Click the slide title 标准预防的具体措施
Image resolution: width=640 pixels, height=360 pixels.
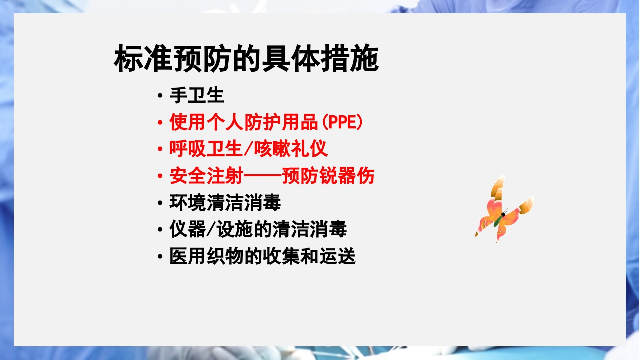point(246,60)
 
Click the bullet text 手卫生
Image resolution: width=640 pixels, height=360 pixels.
point(197,95)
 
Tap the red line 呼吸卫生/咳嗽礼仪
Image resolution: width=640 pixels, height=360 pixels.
point(248,149)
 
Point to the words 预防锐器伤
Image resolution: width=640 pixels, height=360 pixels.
point(328,176)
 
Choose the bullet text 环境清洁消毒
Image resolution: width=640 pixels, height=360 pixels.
point(225,203)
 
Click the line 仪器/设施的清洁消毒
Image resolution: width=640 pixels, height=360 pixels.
point(258,230)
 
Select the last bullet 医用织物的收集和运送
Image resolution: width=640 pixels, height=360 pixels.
point(262,257)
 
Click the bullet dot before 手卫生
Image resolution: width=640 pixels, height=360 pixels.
point(159,95)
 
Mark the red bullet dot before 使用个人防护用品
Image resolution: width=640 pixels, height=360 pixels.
point(159,122)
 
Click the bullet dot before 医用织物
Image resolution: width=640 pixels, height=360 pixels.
point(159,257)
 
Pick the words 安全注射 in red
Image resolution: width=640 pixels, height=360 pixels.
point(197,176)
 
